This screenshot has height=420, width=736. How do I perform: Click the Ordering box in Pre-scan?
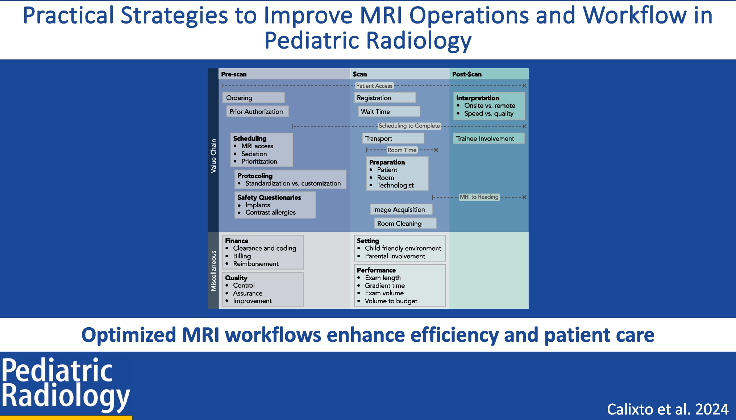253,98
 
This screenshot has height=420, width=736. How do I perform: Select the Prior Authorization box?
257,112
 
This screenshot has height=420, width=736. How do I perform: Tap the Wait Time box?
389,112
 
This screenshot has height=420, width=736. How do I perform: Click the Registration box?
384,98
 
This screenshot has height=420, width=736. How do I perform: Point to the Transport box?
392,138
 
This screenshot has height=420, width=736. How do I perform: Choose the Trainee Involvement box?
488,138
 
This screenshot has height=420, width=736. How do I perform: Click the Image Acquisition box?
400,209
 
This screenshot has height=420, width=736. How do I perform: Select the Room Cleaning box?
404,224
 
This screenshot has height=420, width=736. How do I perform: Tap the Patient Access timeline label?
374,86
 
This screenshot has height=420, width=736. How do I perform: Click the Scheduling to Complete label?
409,126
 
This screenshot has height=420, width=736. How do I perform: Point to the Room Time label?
402,150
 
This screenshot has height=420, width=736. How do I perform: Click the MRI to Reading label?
479,197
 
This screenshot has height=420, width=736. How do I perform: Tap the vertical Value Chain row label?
213,156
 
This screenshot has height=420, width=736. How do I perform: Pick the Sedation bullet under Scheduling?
254,154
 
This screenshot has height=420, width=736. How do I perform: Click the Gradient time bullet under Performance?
384,286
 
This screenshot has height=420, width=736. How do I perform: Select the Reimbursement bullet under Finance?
255,264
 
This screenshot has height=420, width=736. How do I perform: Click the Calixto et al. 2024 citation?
667,409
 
